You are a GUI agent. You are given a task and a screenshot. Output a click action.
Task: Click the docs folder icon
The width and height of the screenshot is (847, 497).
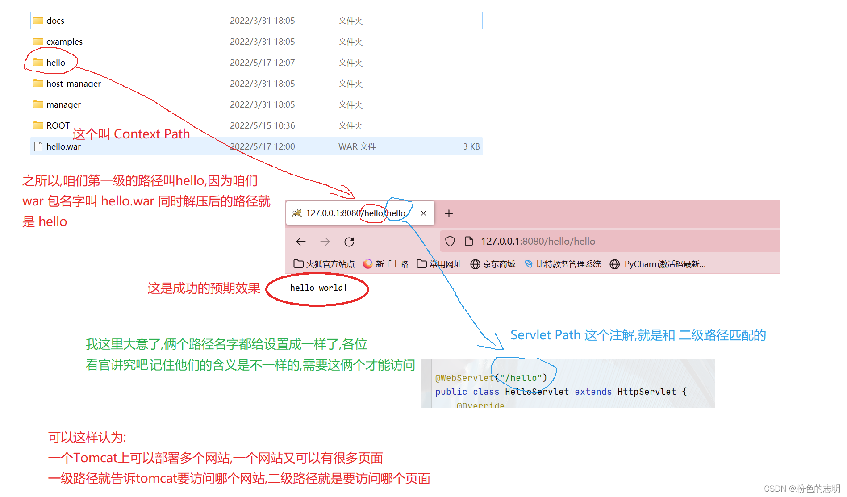[x=38, y=21]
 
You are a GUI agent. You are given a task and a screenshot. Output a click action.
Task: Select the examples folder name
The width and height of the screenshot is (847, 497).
[x=64, y=42]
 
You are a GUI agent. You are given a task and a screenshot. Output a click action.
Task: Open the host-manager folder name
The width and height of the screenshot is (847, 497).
[x=73, y=84]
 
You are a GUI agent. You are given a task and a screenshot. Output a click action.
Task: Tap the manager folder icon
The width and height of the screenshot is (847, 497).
[x=38, y=104]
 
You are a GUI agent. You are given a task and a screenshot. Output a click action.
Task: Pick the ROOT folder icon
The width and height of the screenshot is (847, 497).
[x=38, y=125]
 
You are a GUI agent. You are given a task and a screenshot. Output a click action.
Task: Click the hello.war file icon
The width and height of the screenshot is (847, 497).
[x=38, y=146]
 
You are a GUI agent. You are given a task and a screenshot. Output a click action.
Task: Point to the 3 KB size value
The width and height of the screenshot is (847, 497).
[x=471, y=146]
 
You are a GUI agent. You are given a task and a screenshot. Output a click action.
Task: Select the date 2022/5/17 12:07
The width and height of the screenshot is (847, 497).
[x=262, y=63]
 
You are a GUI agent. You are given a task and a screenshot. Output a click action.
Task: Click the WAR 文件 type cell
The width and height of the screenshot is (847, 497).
[x=357, y=146]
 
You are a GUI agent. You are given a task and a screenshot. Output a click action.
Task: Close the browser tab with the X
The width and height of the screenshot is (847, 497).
[x=423, y=213]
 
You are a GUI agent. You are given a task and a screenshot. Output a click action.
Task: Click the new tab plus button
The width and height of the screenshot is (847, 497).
[x=449, y=213]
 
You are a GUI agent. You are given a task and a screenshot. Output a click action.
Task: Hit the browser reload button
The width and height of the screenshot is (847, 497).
[x=349, y=242]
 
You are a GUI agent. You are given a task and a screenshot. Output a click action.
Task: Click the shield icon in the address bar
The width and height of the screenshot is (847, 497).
[x=450, y=242]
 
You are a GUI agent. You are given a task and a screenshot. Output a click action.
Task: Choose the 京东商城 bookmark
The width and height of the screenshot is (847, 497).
[x=493, y=264]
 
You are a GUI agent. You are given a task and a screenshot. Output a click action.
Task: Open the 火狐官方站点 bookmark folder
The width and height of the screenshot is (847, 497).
[x=324, y=264]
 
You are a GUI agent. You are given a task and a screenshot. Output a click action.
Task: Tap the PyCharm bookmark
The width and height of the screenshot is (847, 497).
[x=658, y=264]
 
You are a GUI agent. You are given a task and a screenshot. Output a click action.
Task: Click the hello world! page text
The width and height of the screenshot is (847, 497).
[x=318, y=288]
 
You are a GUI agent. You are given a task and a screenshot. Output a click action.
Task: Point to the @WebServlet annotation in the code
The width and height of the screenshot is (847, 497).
[x=464, y=378]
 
